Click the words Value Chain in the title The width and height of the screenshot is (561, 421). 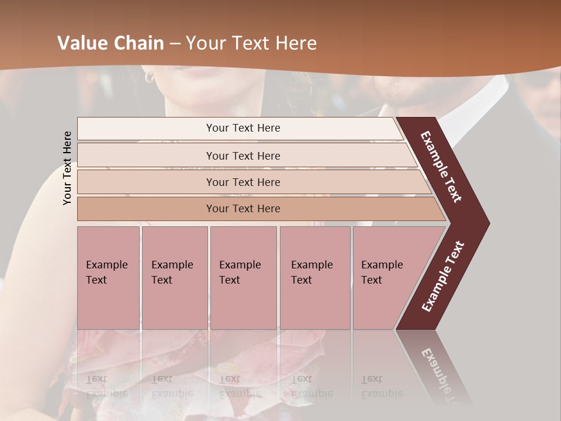click(111, 43)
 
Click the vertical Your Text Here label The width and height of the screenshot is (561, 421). click(67, 168)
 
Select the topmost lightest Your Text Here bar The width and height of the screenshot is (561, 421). click(243, 128)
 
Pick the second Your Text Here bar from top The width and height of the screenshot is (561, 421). click(243, 156)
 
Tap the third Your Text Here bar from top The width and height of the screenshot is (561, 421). click(243, 182)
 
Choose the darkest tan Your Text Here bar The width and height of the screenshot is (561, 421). click(243, 209)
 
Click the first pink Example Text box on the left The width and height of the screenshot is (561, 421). click(108, 277)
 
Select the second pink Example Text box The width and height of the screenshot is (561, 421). click(174, 277)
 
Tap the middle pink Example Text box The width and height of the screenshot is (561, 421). click(243, 277)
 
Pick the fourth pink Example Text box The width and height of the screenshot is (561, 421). click(314, 277)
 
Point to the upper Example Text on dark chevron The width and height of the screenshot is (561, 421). click(442, 166)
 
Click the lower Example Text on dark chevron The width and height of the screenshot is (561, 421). click(443, 277)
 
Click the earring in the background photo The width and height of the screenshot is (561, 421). click(149, 76)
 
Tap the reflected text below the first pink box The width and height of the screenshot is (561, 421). click(105, 387)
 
